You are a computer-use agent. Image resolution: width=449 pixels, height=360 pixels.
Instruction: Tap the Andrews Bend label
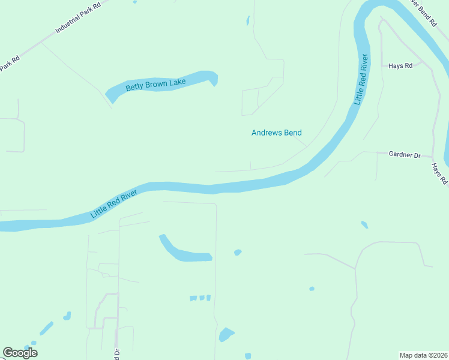[x=276, y=133]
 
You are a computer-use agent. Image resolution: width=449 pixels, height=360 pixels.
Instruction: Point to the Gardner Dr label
[x=405, y=154]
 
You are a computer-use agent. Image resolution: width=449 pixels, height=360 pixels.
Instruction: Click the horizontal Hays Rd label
[x=400, y=65]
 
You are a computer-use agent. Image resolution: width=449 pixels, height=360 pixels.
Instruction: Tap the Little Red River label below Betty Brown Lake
[x=114, y=204]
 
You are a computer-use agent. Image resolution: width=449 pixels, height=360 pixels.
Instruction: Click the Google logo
[x=20, y=353]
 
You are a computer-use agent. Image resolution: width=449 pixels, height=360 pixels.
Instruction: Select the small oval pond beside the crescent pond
[x=238, y=252]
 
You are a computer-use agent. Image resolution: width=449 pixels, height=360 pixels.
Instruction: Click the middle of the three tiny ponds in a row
[x=202, y=298]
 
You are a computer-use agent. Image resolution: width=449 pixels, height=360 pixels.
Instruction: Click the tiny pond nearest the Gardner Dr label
[x=364, y=225]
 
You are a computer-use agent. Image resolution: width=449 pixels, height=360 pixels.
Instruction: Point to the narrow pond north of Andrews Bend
[x=248, y=21]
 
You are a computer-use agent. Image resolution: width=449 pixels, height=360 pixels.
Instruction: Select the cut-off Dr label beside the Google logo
[x=118, y=354]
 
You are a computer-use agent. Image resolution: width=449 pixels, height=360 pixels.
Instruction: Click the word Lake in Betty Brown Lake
[x=177, y=81]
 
